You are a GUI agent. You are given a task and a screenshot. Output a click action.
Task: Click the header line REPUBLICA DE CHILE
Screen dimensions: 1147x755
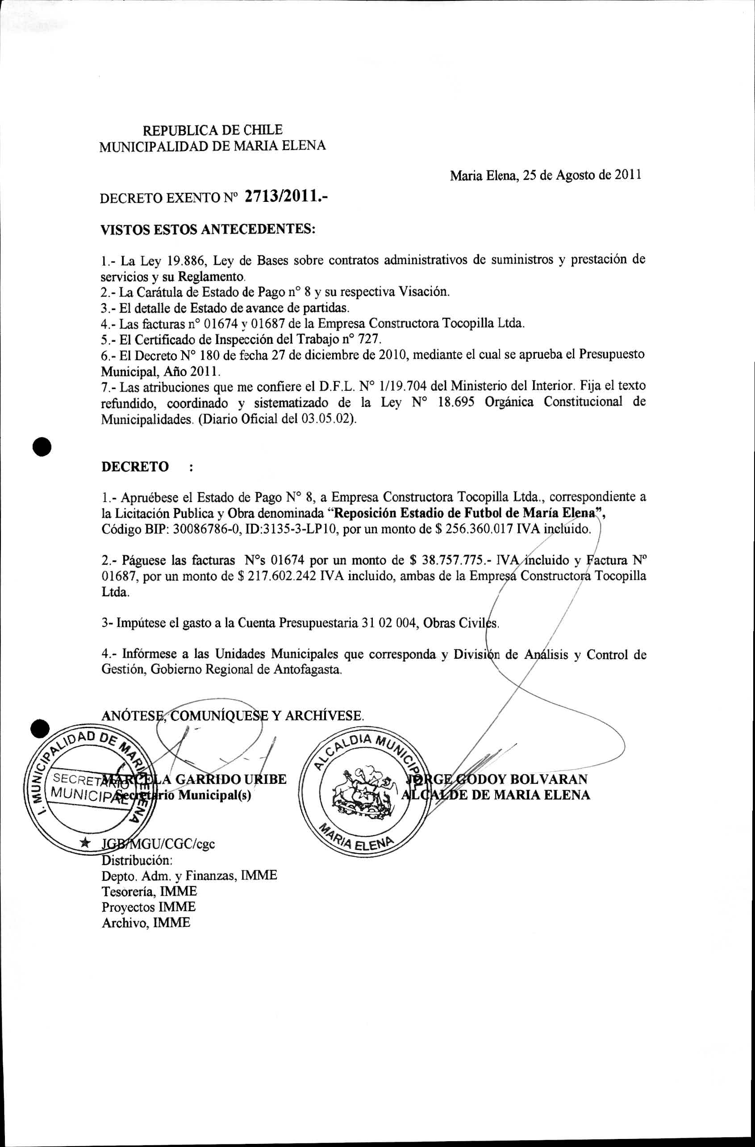[x=213, y=130]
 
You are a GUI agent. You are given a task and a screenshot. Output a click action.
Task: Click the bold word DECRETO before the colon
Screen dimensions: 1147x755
[x=135, y=466]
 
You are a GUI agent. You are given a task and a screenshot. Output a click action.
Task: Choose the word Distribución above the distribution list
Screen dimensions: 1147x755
[x=137, y=860]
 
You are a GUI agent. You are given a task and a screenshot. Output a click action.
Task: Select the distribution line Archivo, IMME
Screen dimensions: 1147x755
[x=146, y=922]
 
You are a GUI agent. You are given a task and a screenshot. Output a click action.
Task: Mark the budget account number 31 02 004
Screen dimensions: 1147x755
[x=388, y=623]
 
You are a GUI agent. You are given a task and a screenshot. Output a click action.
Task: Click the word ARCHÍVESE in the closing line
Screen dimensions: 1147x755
[x=324, y=716]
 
